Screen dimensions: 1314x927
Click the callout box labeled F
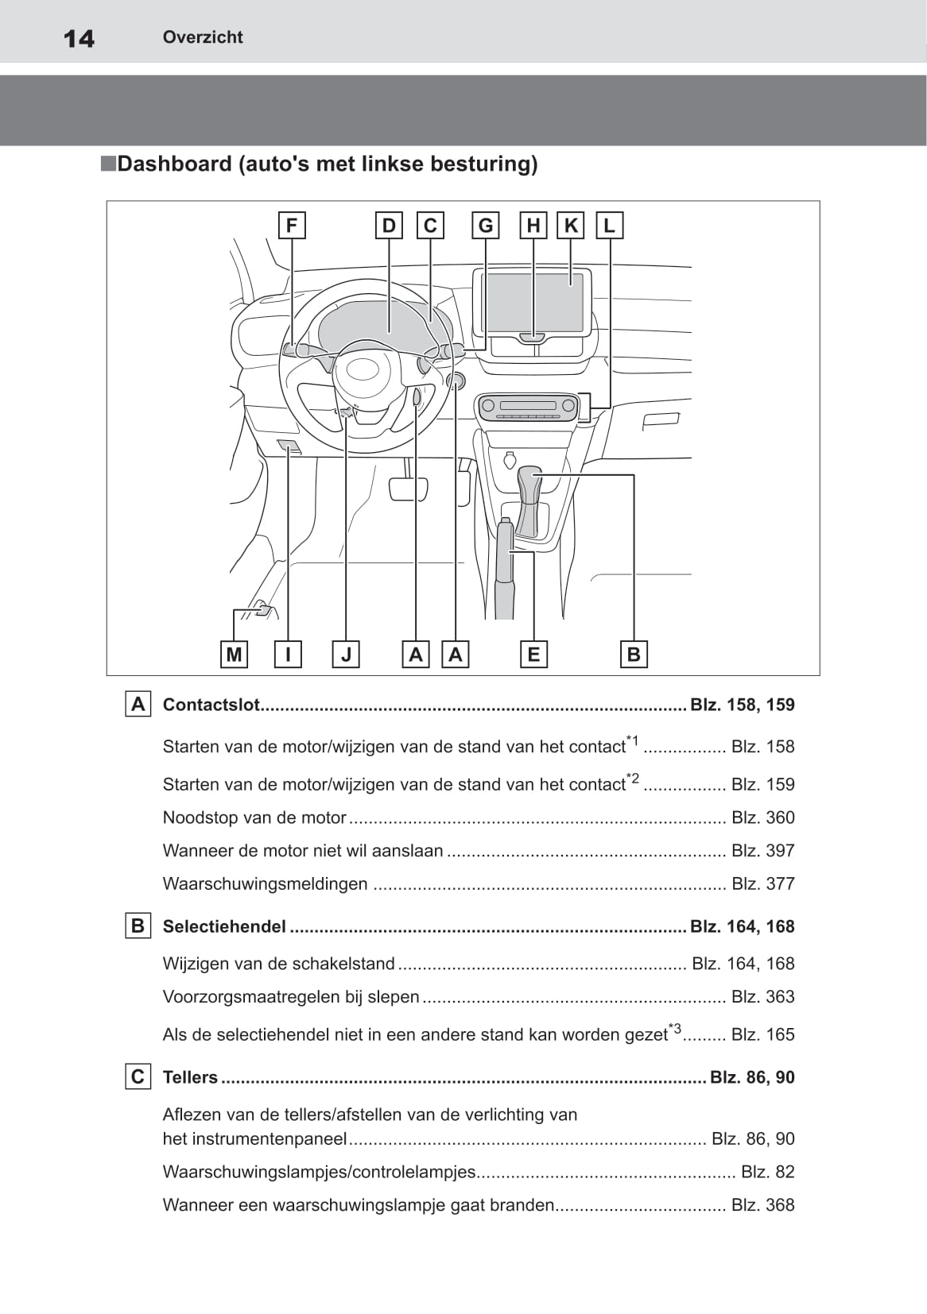[292, 226]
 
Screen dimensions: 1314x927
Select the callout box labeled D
[389, 226]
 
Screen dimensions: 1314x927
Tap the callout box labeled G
[485, 226]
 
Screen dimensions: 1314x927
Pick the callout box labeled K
[571, 226]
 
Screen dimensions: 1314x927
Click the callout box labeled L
[609, 226]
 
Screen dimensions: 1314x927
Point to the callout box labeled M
[234, 655]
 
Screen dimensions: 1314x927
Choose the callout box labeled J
[346, 655]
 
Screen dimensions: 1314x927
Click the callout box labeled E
[533, 655]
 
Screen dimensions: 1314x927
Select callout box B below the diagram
[634, 655]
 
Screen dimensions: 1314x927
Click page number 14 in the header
[79, 38]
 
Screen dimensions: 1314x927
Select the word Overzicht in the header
[203, 37]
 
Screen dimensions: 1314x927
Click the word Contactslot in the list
[211, 705]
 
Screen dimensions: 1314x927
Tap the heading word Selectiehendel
[224, 926]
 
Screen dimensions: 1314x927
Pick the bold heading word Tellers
[190, 1077]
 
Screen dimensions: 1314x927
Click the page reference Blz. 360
[762, 817]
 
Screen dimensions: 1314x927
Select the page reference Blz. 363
[762, 997]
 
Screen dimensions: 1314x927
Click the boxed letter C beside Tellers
[138, 1077]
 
